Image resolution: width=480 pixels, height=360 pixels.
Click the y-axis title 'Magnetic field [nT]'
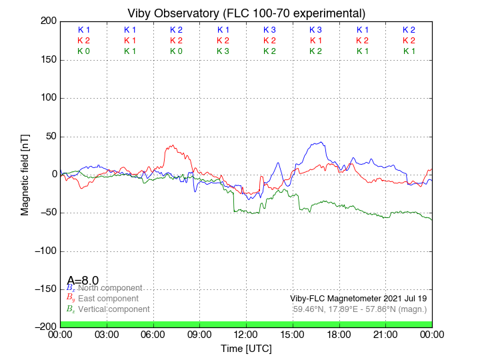(25, 173)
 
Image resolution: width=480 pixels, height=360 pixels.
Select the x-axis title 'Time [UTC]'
(246, 348)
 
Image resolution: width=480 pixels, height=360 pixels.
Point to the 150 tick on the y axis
(47, 60)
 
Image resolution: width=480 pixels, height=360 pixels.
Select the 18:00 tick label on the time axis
(339, 334)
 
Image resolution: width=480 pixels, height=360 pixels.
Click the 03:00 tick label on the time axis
(107, 334)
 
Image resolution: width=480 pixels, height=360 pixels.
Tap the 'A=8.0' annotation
(83, 281)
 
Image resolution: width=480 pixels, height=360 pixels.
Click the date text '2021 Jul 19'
(403, 299)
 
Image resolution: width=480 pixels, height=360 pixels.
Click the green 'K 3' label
(223, 51)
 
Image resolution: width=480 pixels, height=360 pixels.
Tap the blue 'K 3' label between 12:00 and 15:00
(269, 30)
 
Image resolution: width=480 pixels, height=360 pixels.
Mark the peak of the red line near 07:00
(173, 145)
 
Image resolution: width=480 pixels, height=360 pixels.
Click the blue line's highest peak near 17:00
(322, 142)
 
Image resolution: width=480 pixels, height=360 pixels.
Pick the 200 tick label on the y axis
(47, 21)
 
